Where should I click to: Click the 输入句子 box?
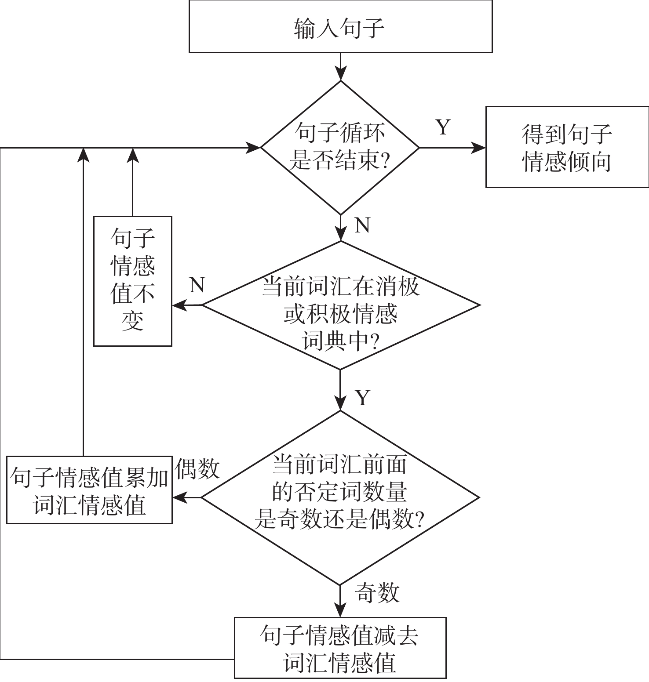(340, 27)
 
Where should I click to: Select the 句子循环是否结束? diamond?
(340, 147)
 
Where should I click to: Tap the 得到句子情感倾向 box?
(567, 147)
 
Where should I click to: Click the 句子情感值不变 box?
(132, 281)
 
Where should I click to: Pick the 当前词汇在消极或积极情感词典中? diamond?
(340, 305)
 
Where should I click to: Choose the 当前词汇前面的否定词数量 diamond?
(340, 497)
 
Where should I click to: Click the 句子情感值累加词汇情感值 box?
(89, 490)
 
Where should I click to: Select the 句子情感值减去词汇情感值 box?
(340, 648)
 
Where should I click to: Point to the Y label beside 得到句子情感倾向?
(443, 127)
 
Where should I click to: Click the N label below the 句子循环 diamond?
(362, 225)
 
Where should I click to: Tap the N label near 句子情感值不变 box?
(197, 285)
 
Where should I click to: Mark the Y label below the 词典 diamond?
(362, 398)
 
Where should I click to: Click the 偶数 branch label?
(197, 468)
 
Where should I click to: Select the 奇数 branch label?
(377, 593)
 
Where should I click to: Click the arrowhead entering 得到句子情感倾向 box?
(479, 148)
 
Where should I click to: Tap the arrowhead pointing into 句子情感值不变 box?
(179, 305)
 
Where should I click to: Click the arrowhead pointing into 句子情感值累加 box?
(179, 497)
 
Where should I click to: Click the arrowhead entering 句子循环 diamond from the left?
(254, 148)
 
